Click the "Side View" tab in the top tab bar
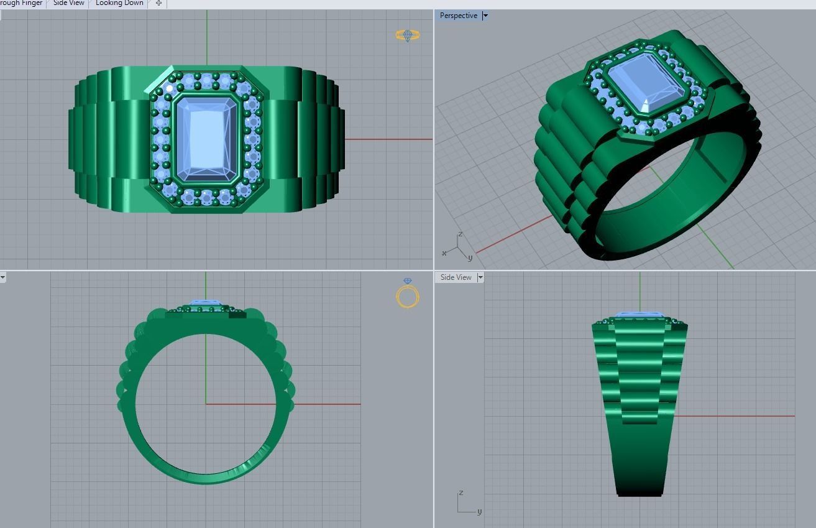point(68,3)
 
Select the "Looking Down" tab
point(119,3)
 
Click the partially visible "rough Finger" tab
point(22,3)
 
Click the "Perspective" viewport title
point(458,16)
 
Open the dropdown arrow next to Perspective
point(485,16)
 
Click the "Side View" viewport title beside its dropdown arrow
point(456,277)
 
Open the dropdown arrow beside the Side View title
point(480,277)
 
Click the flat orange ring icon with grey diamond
point(408,35)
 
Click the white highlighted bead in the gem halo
point(170,88)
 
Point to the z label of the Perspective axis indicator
point(460,234)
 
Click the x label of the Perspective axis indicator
point(444,253)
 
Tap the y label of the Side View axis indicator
point(480,512)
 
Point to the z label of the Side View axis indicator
point(461,493)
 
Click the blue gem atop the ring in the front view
point(205,303)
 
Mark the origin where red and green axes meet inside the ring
point(206,404)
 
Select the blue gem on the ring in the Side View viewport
point(639,315)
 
